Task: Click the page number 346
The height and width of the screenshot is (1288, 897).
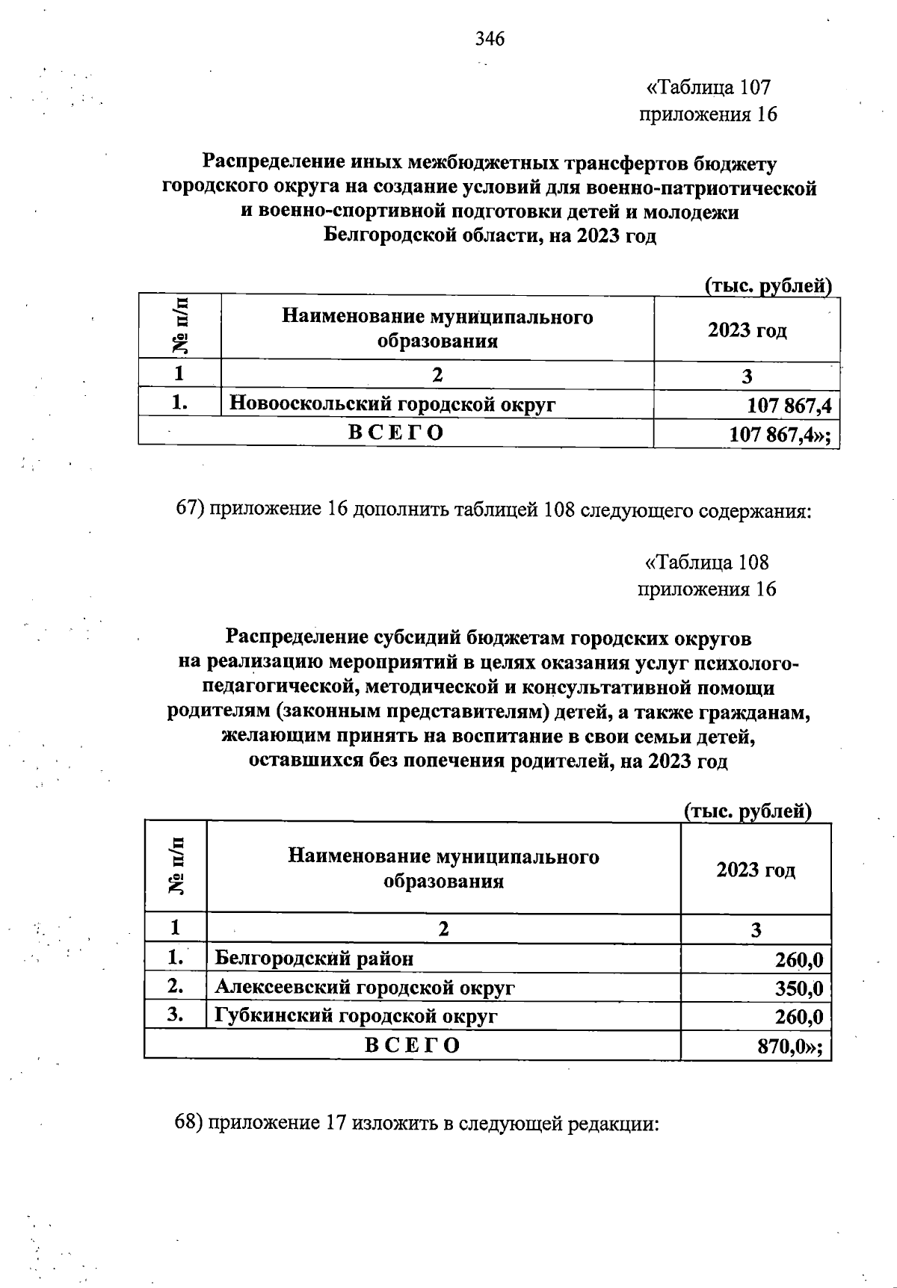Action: pyautogui.click(x=490, y=39)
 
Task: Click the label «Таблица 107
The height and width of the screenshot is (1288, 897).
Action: pyautogui.click(x=708, y=88)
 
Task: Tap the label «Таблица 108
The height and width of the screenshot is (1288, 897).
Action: pyautogui.click(x=706, y=563)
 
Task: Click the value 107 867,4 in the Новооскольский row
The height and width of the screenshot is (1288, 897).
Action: pyautogui.click(x=789, y=406)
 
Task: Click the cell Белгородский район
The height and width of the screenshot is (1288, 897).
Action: pyautogui.click(x=314, y=959)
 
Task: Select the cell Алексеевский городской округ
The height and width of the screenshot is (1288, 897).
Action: pyautogui.click(x=365, y=988)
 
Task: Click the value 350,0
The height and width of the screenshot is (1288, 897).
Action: pyautogui.click(x=798, y=988)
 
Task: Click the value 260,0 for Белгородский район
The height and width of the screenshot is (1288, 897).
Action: pyautogui.click(x=798, y=959)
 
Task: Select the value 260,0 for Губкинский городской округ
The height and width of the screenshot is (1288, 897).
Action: pyautogui.click(x=798, y=1017)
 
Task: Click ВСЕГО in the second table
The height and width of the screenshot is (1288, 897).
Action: pyautogui.click(x=412, y=1044)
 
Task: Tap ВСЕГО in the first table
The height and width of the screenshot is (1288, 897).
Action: pyautogui.click(x=396, y=433)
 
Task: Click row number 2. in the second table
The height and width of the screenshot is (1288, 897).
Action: pyautogui.click(x=176, y=986)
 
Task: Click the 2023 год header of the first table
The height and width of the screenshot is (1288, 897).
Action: pyautogui.click(x=747, y=330)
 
